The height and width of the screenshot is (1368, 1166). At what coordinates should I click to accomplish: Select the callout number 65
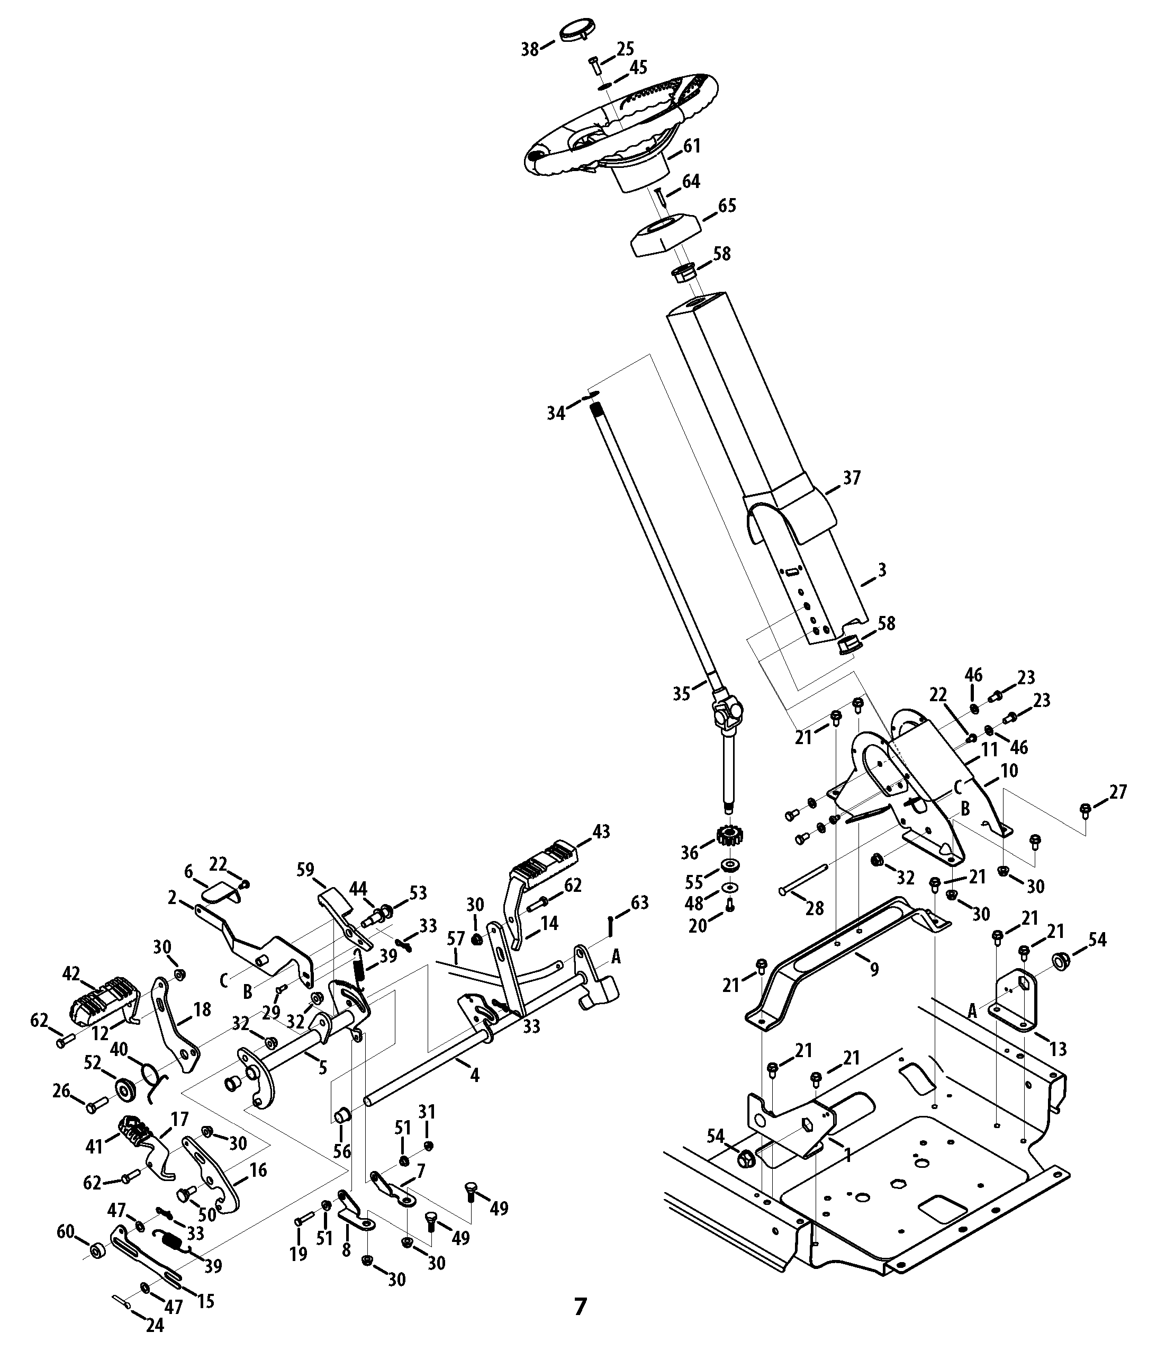click(x=727, y=205)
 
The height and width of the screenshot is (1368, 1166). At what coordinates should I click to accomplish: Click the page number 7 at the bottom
click(x=580, y=1306)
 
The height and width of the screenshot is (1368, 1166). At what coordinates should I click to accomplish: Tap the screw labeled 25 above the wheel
click(x=594, y=67)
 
